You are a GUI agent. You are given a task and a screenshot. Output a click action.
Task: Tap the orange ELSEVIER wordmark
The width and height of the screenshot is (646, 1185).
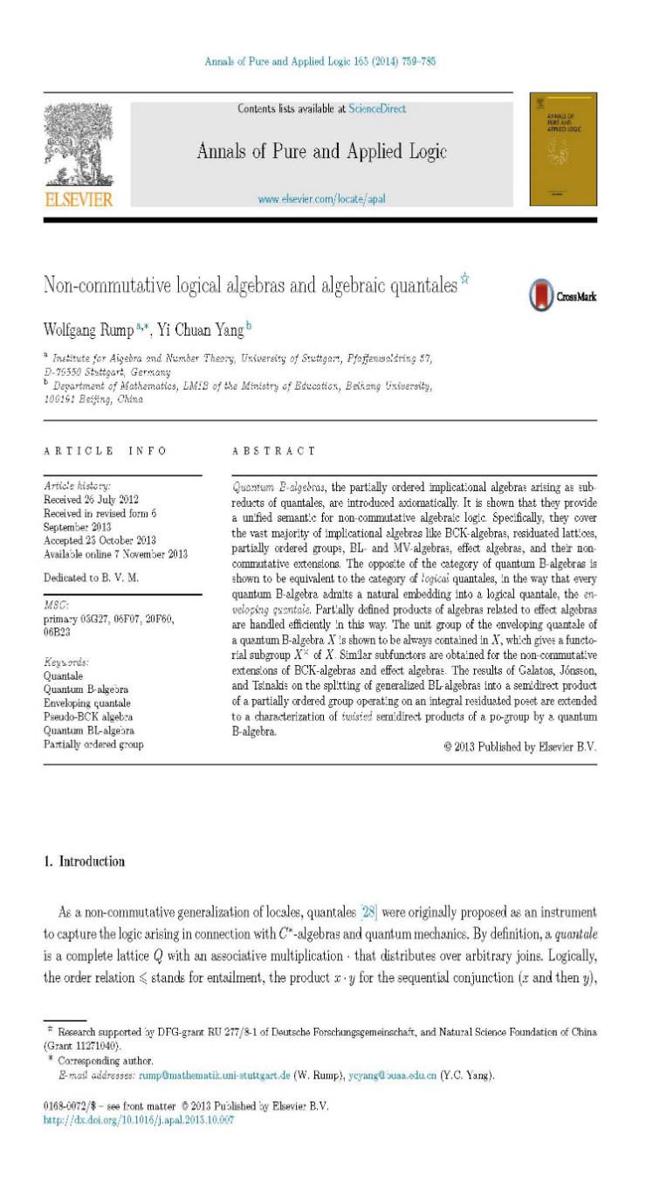point(79,200)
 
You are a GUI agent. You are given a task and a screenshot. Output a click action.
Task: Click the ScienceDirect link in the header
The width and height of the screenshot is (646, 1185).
point(377,109)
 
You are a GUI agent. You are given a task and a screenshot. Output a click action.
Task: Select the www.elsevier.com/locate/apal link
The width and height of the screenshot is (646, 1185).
point(321,199)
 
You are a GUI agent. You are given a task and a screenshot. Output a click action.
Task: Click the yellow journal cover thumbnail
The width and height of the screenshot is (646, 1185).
point(563,149)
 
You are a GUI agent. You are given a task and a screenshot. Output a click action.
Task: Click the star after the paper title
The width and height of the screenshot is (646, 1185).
point(465,280)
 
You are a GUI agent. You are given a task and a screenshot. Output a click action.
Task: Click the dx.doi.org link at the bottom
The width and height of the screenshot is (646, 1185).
point(139,1119)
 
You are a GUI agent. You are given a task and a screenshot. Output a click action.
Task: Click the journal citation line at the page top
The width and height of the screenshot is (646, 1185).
point(320,62)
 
